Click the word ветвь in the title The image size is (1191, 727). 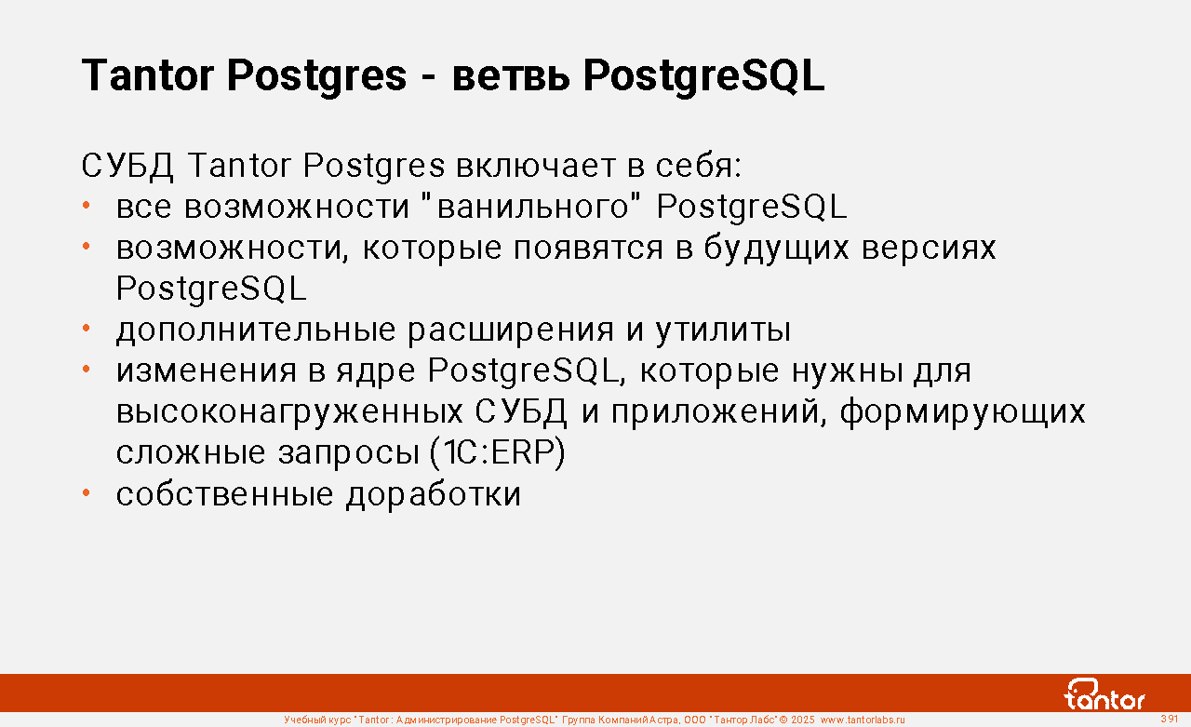tap(511, 76)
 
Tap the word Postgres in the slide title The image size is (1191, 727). tap(317, 76)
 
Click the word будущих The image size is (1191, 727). tap(776, 249)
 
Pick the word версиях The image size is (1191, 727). tap(929, 249)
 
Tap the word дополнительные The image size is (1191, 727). tap(256, 330)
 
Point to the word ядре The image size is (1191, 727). tap(375, 371)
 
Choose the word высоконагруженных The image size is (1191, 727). tap(289, 412)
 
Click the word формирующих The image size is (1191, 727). tap(962, 411)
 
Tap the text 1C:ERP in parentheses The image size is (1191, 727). tap(498, 452)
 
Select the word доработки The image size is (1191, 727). tap(434, 494)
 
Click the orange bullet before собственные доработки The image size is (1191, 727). tap(87, 493)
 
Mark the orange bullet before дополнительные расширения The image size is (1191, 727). tap(87, 329)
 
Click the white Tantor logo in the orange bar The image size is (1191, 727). tap(1104, 694)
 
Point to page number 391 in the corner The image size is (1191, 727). tap(1169, 719)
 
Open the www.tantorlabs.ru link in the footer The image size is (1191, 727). tap(863, 720)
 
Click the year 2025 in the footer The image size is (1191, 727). tap(802, 720)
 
